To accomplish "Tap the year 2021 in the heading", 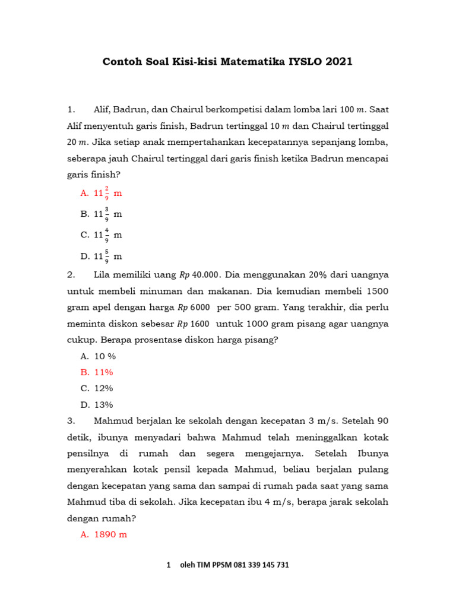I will pyautogui.click(x=338, y=62).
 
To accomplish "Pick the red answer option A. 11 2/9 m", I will pyautogui.click(x=101, y=193).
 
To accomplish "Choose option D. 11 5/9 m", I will pyautogui.click(x=101, y=256).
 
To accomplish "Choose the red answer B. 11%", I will pyautogui.click(x=96, y=372).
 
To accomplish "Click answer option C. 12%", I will pyautogui.click(x=96, y=388).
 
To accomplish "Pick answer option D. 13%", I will pyautogui.click(x=96, y=405).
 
